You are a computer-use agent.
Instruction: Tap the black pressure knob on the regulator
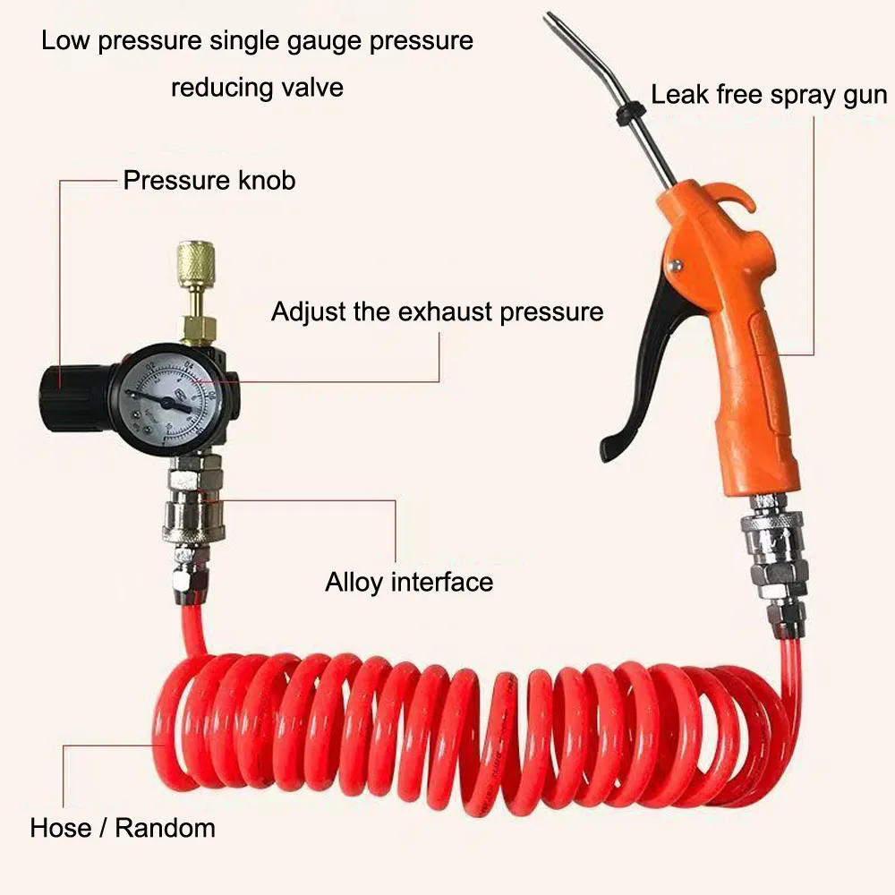(64, 396)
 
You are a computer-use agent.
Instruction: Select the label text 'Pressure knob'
(209, 181)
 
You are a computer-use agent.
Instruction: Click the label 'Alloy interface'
(409, 583)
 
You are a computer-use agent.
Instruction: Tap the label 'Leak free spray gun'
(769, 96)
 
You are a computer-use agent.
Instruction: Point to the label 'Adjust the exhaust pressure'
(438, 311)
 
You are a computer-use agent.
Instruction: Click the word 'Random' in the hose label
(166, 828)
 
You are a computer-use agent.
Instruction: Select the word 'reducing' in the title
(220, 89)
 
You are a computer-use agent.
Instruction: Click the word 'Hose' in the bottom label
(61, 828)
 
